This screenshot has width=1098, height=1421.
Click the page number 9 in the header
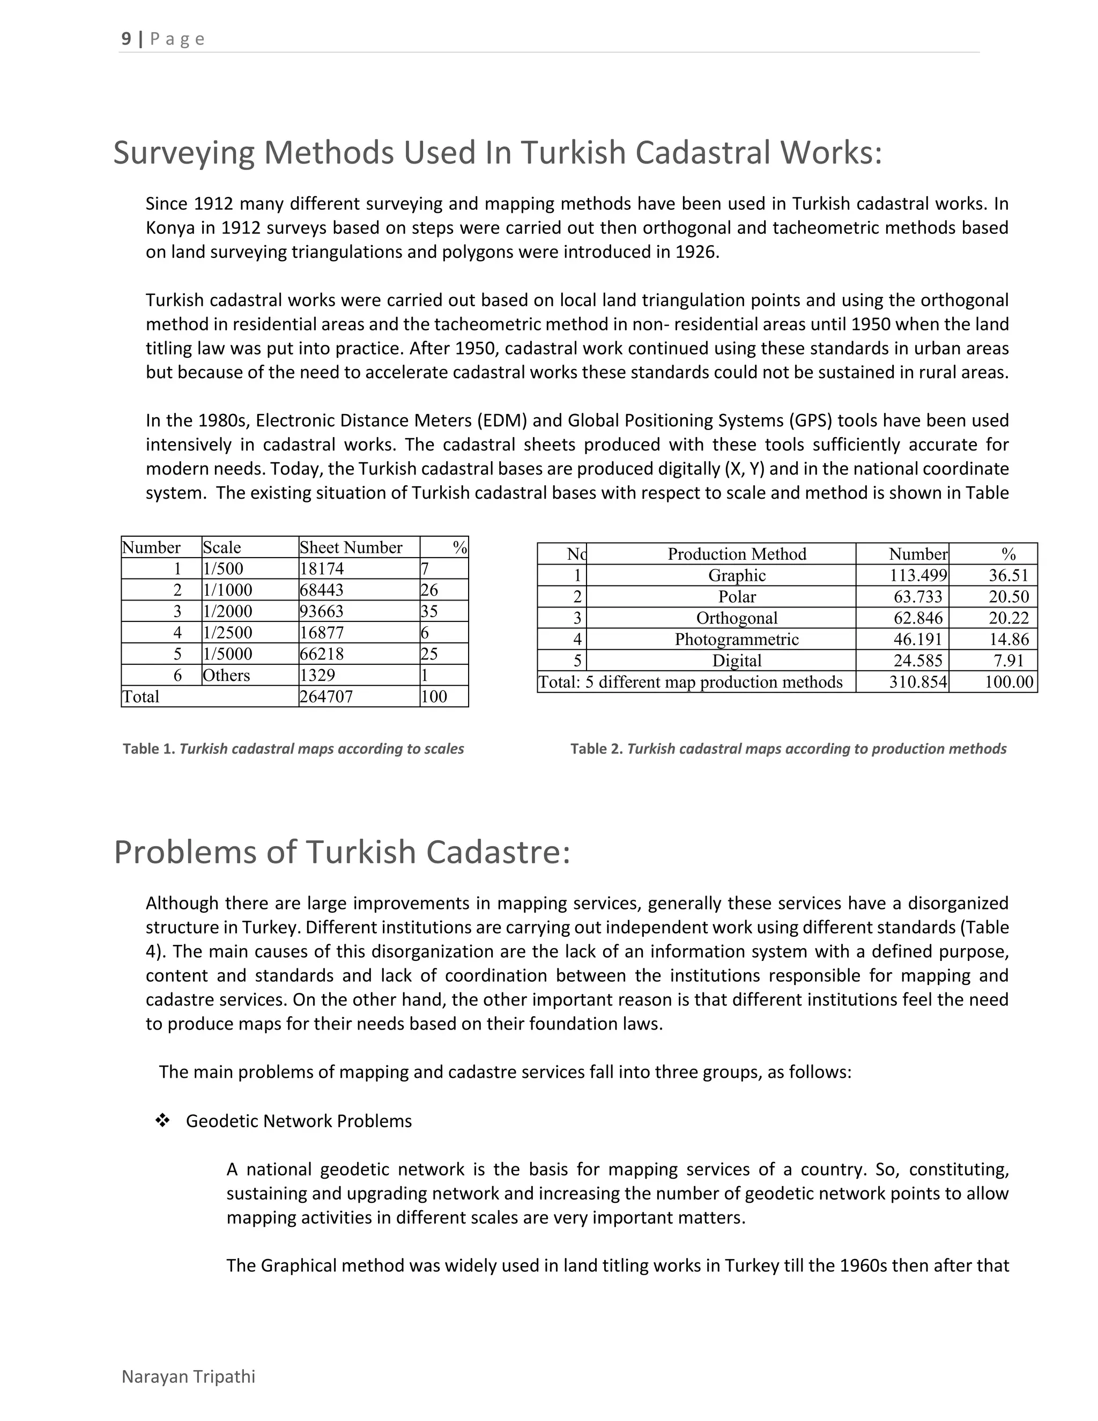126,39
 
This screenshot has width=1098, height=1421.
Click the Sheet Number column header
351,548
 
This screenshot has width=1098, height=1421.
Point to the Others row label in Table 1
226,675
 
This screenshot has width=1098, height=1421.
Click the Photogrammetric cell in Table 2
736,640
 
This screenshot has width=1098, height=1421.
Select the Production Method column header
736,554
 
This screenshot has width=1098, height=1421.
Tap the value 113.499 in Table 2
918,576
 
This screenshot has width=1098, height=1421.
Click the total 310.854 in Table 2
918,683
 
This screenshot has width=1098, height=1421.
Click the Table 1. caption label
149,749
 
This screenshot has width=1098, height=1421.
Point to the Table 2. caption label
597,749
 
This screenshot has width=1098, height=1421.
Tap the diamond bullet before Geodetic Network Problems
162,1120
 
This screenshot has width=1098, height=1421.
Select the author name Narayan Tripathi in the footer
189,1376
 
